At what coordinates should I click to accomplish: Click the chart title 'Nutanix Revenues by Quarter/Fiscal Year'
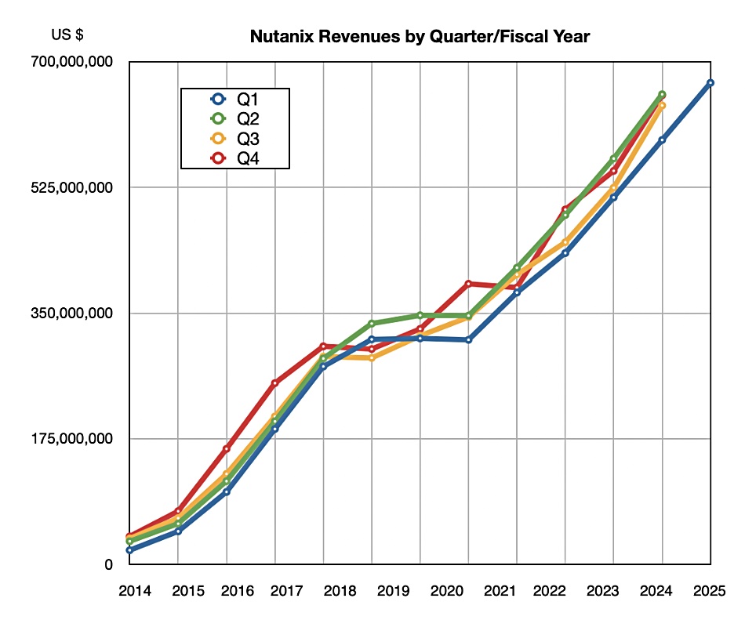420,36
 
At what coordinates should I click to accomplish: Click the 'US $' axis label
67,34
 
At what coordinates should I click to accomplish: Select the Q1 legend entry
236,99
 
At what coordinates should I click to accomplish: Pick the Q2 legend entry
236,119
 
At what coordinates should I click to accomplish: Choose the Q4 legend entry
236,159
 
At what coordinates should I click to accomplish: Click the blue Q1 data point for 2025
710,82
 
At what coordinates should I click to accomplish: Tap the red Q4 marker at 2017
274,383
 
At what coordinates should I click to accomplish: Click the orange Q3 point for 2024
662,105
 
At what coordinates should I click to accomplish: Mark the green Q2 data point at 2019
372,323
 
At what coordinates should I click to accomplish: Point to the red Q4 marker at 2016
227,448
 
